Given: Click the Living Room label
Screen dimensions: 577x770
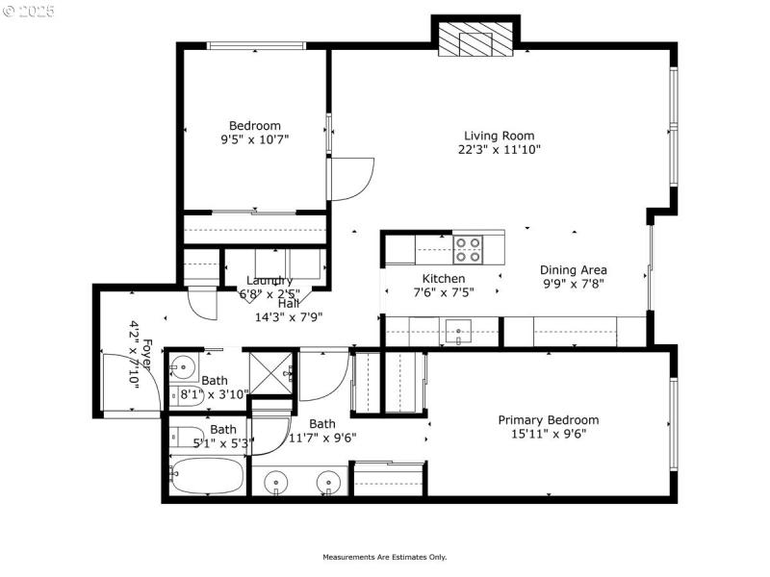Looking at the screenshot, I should click(x=499, y=136).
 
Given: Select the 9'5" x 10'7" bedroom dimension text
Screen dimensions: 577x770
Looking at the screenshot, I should click(x=254, y=139).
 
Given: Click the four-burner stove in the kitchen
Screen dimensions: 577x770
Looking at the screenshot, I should click(x=468, y=250).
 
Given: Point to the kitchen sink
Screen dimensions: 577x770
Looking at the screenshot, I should click(x=460, y=332).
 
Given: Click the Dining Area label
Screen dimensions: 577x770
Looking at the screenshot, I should click(x=573, y=270).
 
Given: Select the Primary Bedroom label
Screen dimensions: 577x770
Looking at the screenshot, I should click(x=548, y=420).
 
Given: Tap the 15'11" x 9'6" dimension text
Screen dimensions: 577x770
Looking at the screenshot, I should click(x=548, y=434).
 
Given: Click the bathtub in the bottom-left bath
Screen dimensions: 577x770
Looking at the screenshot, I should click(x=206, y=475).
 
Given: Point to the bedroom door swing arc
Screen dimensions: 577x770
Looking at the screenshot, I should click(x=352, y=178).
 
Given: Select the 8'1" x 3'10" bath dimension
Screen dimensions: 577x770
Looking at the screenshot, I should click(x=215, y=394).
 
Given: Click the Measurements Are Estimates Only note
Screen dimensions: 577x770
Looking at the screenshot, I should click(x=384, y=557).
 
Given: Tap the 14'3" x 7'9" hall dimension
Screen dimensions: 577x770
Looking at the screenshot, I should click(x=288, y=316).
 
